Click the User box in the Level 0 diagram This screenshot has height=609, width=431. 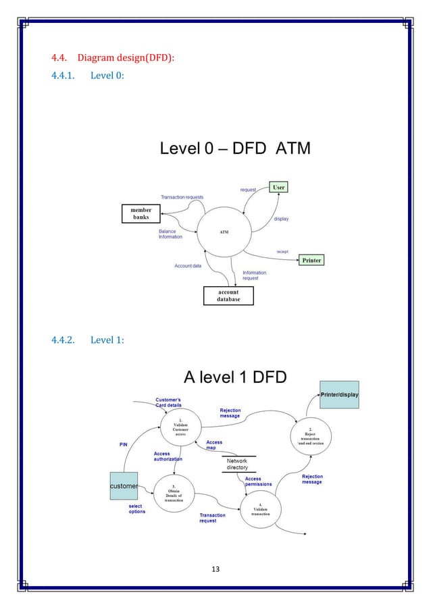(278, 186)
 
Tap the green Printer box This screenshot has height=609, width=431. (311, 260)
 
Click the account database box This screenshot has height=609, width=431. (228, 296)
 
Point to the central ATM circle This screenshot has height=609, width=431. (224, 232)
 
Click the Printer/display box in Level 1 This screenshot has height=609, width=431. (339, 394)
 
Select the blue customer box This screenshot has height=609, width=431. (124, 485)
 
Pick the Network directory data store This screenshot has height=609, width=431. (237, 463)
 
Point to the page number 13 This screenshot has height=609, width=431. (215, 568)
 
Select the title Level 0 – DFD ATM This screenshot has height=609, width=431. (235, 149)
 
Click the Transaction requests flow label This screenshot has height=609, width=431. (182, 197)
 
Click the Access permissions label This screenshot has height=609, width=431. (258, 481)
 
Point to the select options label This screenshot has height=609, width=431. (137, 508)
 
